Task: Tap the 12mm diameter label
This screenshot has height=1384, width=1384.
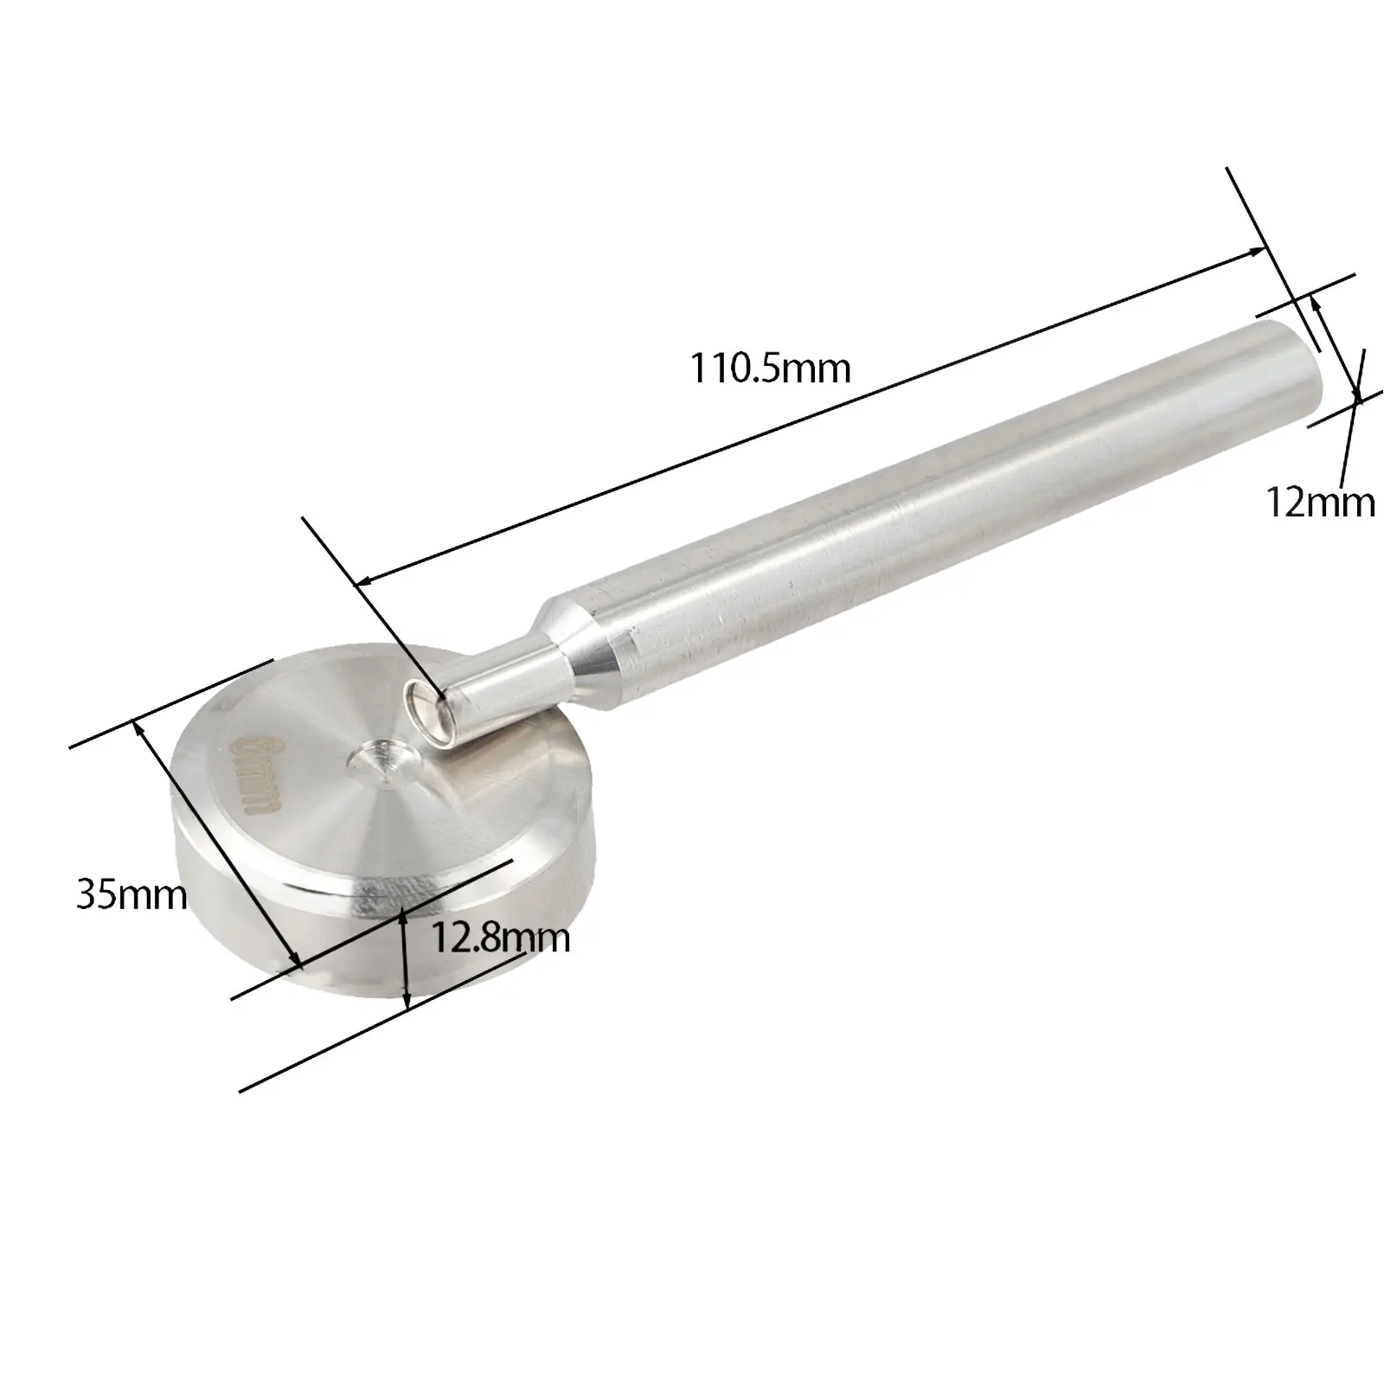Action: [x=1320, y=502]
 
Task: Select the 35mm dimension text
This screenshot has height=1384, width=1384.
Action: [x=131, y=894]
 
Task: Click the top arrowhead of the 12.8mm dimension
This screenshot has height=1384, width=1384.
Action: [x=406, y=916]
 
